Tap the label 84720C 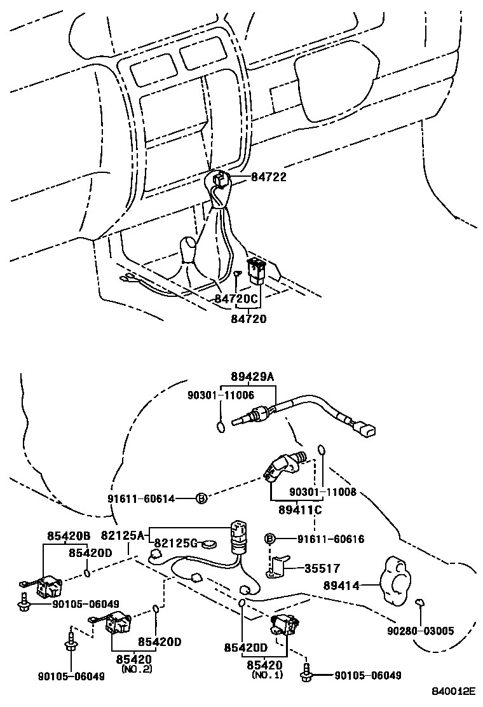236,298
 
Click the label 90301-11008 322,492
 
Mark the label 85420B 68,536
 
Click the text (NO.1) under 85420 268,674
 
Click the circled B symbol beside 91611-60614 200,498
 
